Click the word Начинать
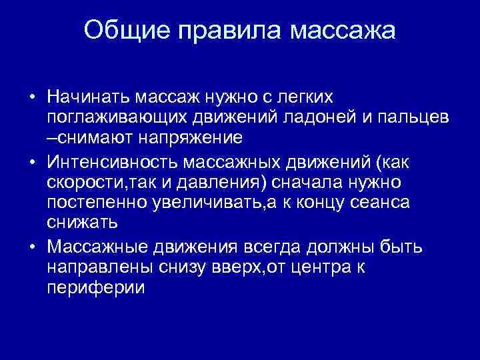pyautogui.click(x=90, y=98)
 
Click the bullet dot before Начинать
pyautogui.click(x=32, y=98)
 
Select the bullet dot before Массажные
pyautogui.click(x=32, y=248)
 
